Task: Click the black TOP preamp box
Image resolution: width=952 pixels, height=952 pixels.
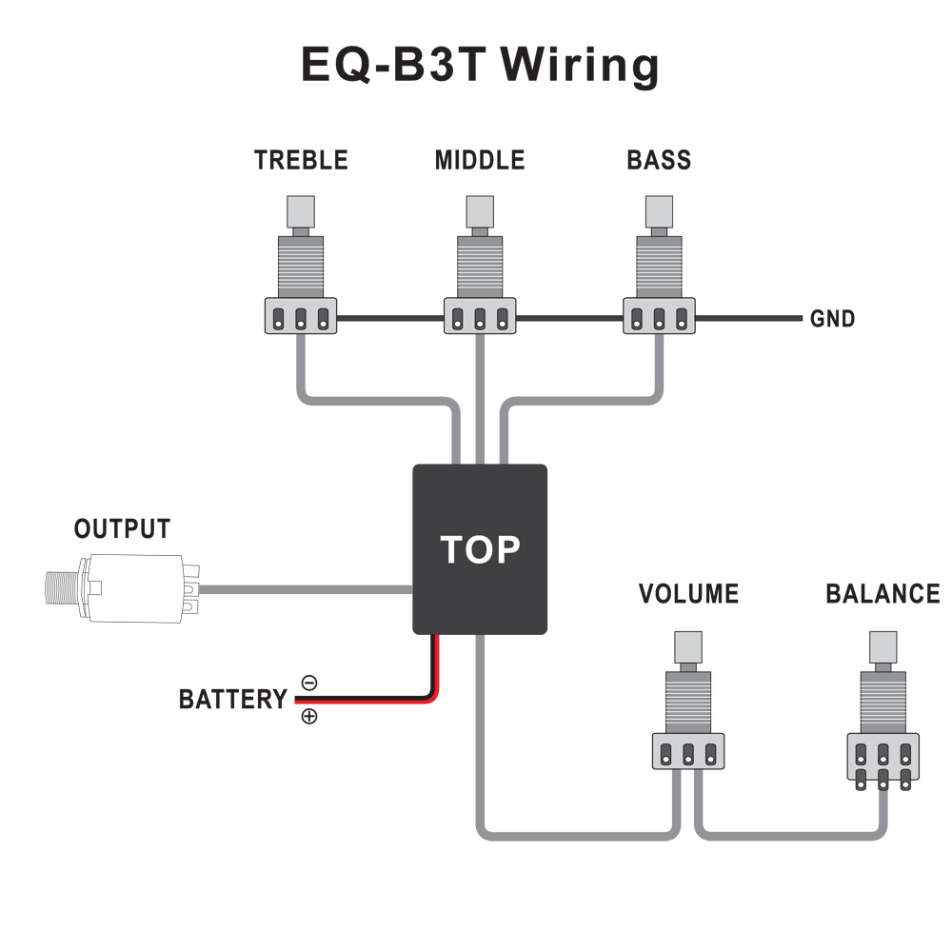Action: pos(479,549)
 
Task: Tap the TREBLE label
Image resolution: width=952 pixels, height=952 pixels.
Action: pos(301,160)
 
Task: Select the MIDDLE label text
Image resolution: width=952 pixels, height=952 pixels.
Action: pos(479,160)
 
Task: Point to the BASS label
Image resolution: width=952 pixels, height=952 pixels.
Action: pos(659,160)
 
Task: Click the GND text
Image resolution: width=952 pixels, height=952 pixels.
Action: pos(832,319)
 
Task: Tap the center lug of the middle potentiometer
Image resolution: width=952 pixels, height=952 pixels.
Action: pos(480,319)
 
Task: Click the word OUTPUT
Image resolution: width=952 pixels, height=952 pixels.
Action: pos(122,529)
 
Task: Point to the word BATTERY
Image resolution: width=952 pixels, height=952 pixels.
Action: pos(232,700)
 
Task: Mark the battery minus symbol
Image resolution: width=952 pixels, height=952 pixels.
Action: pos(309,683)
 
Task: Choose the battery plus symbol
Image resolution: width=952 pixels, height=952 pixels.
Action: pos(309,717)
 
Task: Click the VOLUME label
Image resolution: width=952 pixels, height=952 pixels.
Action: pos(688,594)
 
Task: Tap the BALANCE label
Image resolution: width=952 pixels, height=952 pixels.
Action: pos(883,594)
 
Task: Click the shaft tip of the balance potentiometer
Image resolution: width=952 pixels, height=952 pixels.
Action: pos(883,646)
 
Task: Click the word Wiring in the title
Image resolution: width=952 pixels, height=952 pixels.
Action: pos(580,67)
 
